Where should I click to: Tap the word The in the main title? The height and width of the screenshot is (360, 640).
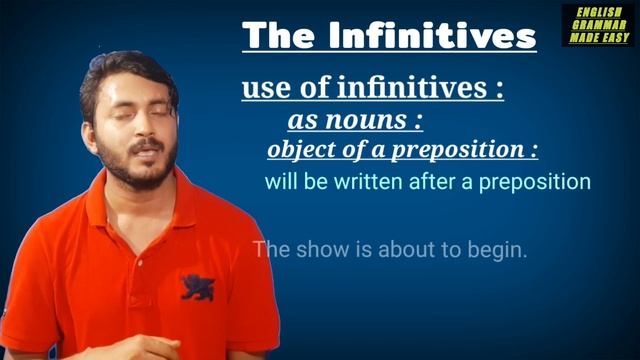pyautogui.click(x=275, y=36)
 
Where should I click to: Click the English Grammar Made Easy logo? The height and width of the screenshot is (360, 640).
pyautogui.click(x=597, y=25)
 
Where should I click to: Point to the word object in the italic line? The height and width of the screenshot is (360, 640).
pyautogui.click(x=299, y=151)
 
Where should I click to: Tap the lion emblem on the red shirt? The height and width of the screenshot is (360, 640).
pyautogui.click(x=197, y=286)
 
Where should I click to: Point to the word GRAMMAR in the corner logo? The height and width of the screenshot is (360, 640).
pyautogui.click(x=597, y=25)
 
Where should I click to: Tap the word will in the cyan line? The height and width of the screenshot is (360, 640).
pyautogui.click(x=279, y=183)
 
